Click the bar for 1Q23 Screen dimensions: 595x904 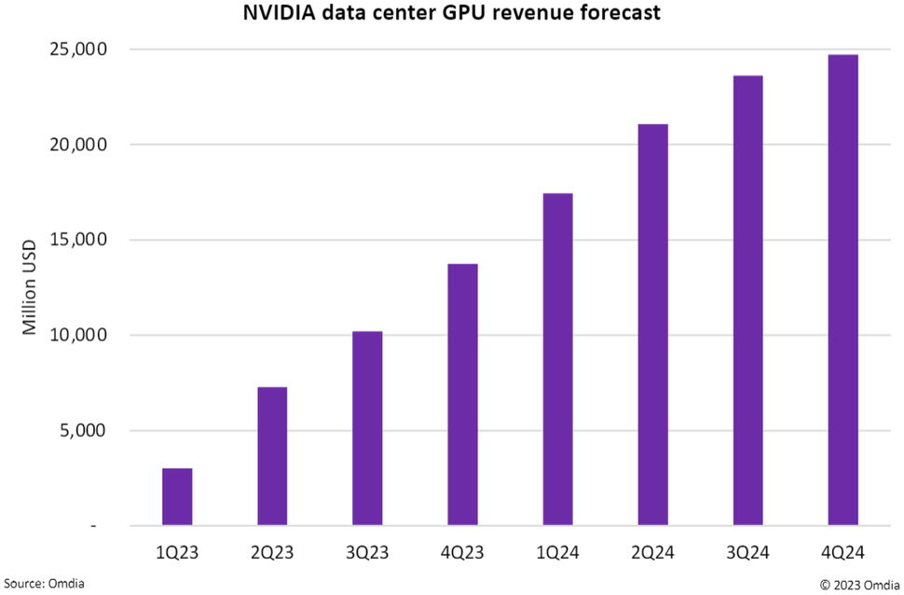coord(177,497)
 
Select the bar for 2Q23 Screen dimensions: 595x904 coord(272,456)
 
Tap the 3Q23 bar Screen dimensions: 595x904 coord(367,428)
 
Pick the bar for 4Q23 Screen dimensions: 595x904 coord(462,394)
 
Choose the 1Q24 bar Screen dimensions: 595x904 coord(557,359)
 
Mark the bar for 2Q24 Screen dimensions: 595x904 coord(652,325)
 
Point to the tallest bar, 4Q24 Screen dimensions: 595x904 coord(842,290)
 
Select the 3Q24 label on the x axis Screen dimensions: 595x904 coord(747,553)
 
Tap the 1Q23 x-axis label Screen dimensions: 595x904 coord(177,553)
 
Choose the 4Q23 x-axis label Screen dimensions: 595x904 coord(462,553)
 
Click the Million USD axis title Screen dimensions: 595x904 coord(30,287)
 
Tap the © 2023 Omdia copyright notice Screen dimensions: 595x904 coord(859,584)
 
